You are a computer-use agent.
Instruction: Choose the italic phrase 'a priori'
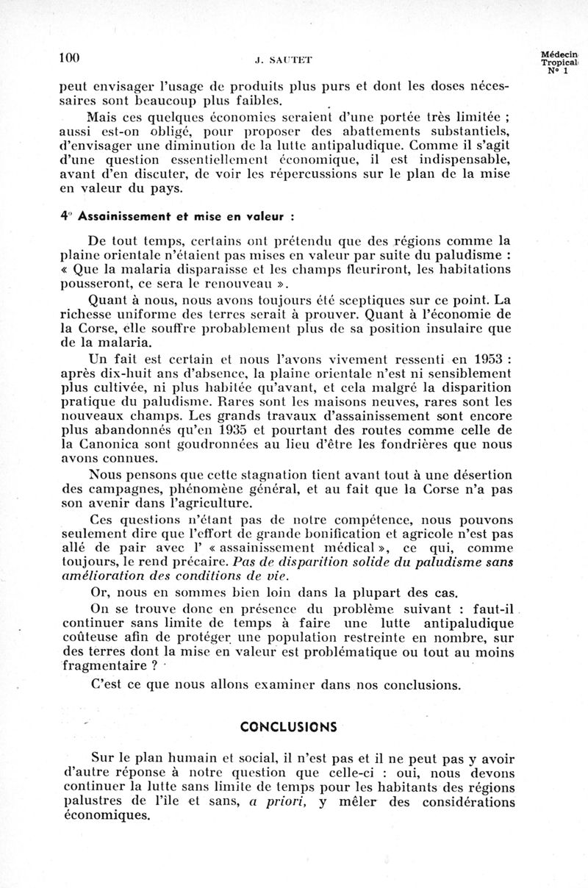point(276,801)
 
